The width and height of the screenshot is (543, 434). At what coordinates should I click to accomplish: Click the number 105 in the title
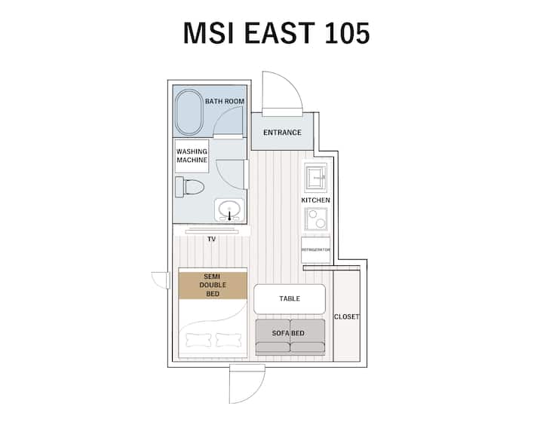pos(348,33)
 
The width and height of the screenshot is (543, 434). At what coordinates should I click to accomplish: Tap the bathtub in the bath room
pos(189,112)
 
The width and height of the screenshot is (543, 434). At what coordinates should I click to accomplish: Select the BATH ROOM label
pos(225,102)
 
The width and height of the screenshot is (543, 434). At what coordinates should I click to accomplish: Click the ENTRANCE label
pos(282,133)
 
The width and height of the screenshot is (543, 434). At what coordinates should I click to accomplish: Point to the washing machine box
pos(192,156)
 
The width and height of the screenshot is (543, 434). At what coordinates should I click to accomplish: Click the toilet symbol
pos(189,187)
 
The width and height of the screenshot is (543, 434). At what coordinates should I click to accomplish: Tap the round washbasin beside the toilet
pos(229,209)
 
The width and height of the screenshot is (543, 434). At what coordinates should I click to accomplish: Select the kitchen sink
pos(316,177)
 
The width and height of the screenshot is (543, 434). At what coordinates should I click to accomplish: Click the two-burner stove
pos(316,219)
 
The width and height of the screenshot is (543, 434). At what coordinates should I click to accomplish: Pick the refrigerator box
pos(315,250)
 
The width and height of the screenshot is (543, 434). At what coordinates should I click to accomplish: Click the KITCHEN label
pos(315,200)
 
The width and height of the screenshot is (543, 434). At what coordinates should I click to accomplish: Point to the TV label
pos(212,239)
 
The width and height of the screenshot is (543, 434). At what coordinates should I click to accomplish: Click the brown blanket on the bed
pos(213,286)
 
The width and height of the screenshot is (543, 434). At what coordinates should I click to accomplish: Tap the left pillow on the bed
pos(198,340)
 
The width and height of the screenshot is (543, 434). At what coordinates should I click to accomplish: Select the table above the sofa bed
pos(290,298)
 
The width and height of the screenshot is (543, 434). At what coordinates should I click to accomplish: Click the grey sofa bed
pos(290,337)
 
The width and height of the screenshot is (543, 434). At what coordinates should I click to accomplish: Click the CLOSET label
pos(346,316)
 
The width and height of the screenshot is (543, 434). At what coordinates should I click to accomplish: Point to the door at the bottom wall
pos(247,384)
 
